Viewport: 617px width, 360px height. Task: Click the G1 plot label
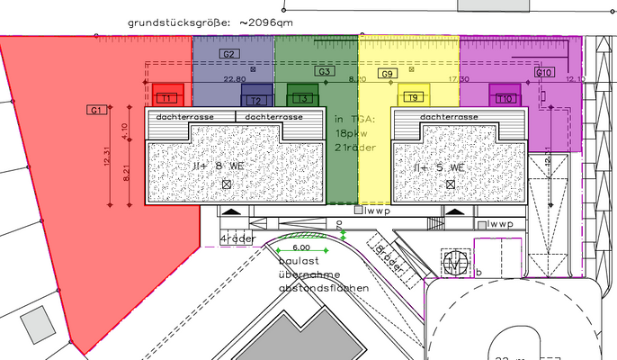pos(96,109)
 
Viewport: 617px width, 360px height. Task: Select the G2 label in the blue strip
pos(228,55)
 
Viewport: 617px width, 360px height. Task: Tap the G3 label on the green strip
pos(325,71)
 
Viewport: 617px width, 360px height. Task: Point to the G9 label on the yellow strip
pos(388,74)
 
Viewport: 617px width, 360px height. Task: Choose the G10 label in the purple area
pos(543,71)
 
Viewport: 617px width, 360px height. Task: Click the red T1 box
pos(167,96)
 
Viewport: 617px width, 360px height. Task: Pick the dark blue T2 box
pos(256,99)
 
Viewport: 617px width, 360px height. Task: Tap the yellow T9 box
pos(413,96)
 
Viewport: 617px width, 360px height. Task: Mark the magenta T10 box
pos(505,96)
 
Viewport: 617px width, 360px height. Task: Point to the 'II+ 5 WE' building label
pos(438,167)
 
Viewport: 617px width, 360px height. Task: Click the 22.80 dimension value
pos(234,79)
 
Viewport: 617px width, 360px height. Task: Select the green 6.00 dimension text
pos(301,247)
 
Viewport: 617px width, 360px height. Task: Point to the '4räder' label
pos(238,238)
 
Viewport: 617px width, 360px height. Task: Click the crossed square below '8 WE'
pos(226,184)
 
